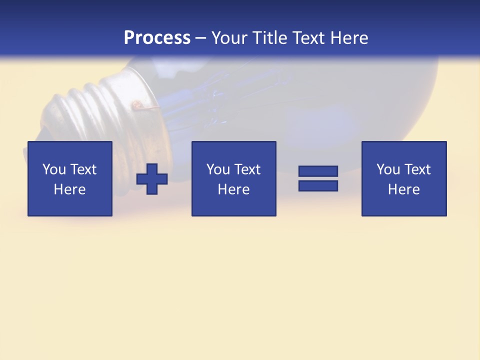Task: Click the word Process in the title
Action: [x=157, y=38]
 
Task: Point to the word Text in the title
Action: [x=309, y=38]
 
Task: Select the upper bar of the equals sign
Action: [x=318, y=171]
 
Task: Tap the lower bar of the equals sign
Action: [x=318, y=186]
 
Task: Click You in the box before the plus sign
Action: [x=54, y=169]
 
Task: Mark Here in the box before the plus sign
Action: [x=69, y=189]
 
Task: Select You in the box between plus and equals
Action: [x=218, y=169]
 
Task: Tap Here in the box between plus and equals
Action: [x=233, y=189]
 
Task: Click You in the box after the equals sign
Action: [x=388, y=169]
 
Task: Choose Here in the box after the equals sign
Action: [x=403, y=189]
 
